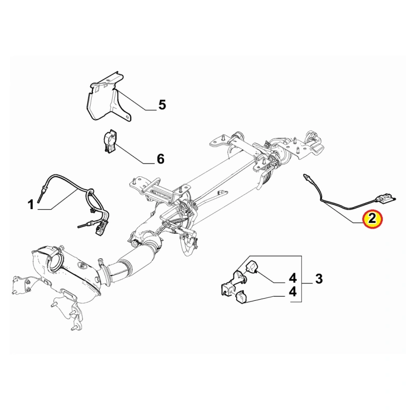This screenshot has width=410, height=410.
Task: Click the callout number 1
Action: tap(31, 204)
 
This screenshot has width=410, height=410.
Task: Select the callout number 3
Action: tap(319, 279)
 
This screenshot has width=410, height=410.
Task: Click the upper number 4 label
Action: tap(293, 278)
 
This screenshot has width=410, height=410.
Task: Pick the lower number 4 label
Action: tap(293, 292)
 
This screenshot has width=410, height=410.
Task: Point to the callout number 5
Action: tap(162, 105)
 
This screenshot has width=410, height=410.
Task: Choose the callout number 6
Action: tap(160, 159)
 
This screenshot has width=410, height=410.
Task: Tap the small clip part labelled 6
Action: tap(109, 142)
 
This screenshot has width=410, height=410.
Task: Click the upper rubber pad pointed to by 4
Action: tap(252, 266)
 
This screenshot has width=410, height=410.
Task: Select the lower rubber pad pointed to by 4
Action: tap(240, 299)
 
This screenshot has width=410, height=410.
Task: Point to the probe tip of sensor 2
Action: tap(305, 176)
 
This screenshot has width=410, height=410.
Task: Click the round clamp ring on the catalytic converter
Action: tap(55, 262)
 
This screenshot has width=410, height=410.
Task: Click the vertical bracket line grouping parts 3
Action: tap(301, 279)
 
